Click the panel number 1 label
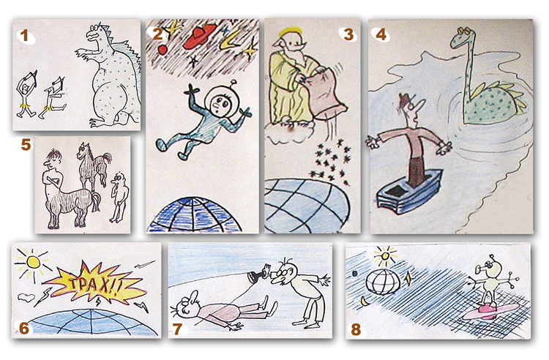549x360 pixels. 24,36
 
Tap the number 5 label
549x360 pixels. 26,144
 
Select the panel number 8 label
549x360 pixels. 356,329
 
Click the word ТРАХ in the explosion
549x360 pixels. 94,285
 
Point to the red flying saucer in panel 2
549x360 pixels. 200,36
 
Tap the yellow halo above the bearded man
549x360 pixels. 291,32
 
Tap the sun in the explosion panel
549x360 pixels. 33,262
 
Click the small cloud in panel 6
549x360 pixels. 26,298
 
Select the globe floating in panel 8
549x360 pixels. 384,282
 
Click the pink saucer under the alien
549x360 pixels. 490,311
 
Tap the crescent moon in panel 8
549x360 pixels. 365,301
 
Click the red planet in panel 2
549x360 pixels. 163,50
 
